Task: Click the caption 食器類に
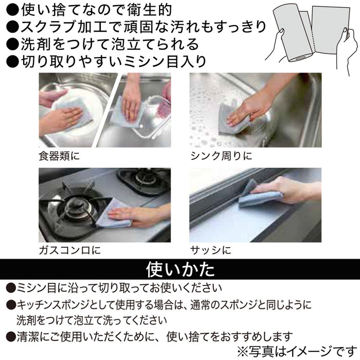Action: [59, 155]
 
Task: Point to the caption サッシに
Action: [210, 250]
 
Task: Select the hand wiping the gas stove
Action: [141, 216]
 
